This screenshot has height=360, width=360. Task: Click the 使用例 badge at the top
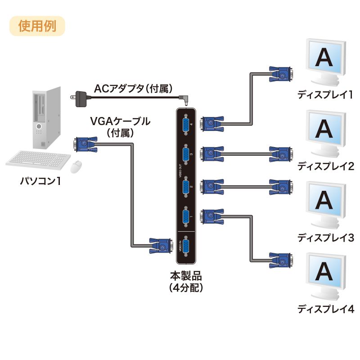point(37,26)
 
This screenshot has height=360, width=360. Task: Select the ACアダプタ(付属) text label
point(133,89)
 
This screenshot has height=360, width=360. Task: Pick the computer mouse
point(76,167)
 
